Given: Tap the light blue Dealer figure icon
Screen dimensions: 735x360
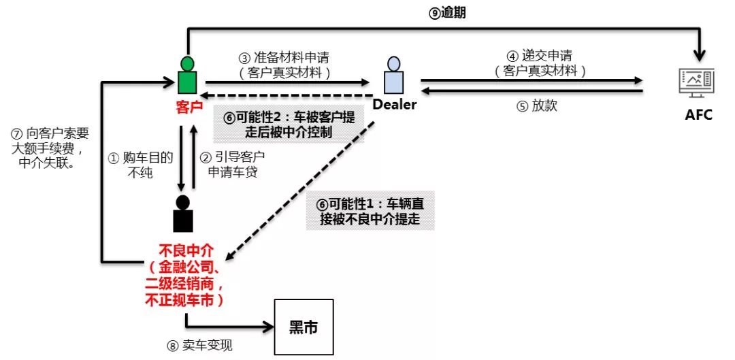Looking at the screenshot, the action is click(x=394, y=76).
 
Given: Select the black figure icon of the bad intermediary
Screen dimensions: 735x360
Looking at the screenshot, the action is click(x=183, y=213).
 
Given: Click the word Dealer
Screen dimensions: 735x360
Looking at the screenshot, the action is click(x=394, y=105).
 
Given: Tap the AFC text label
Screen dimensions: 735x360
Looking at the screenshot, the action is click(x=698, y=114).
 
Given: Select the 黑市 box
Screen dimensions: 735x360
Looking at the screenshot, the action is click(x=304, y=327).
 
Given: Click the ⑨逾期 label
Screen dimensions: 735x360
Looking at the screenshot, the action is click(x=447, y=13).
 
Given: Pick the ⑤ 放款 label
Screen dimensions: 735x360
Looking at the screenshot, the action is click(x=537, y=106).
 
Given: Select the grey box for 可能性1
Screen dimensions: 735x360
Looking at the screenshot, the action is click(x=370, y=210).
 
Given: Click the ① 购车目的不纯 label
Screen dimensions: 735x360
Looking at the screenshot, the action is click(x=140, y=165).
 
